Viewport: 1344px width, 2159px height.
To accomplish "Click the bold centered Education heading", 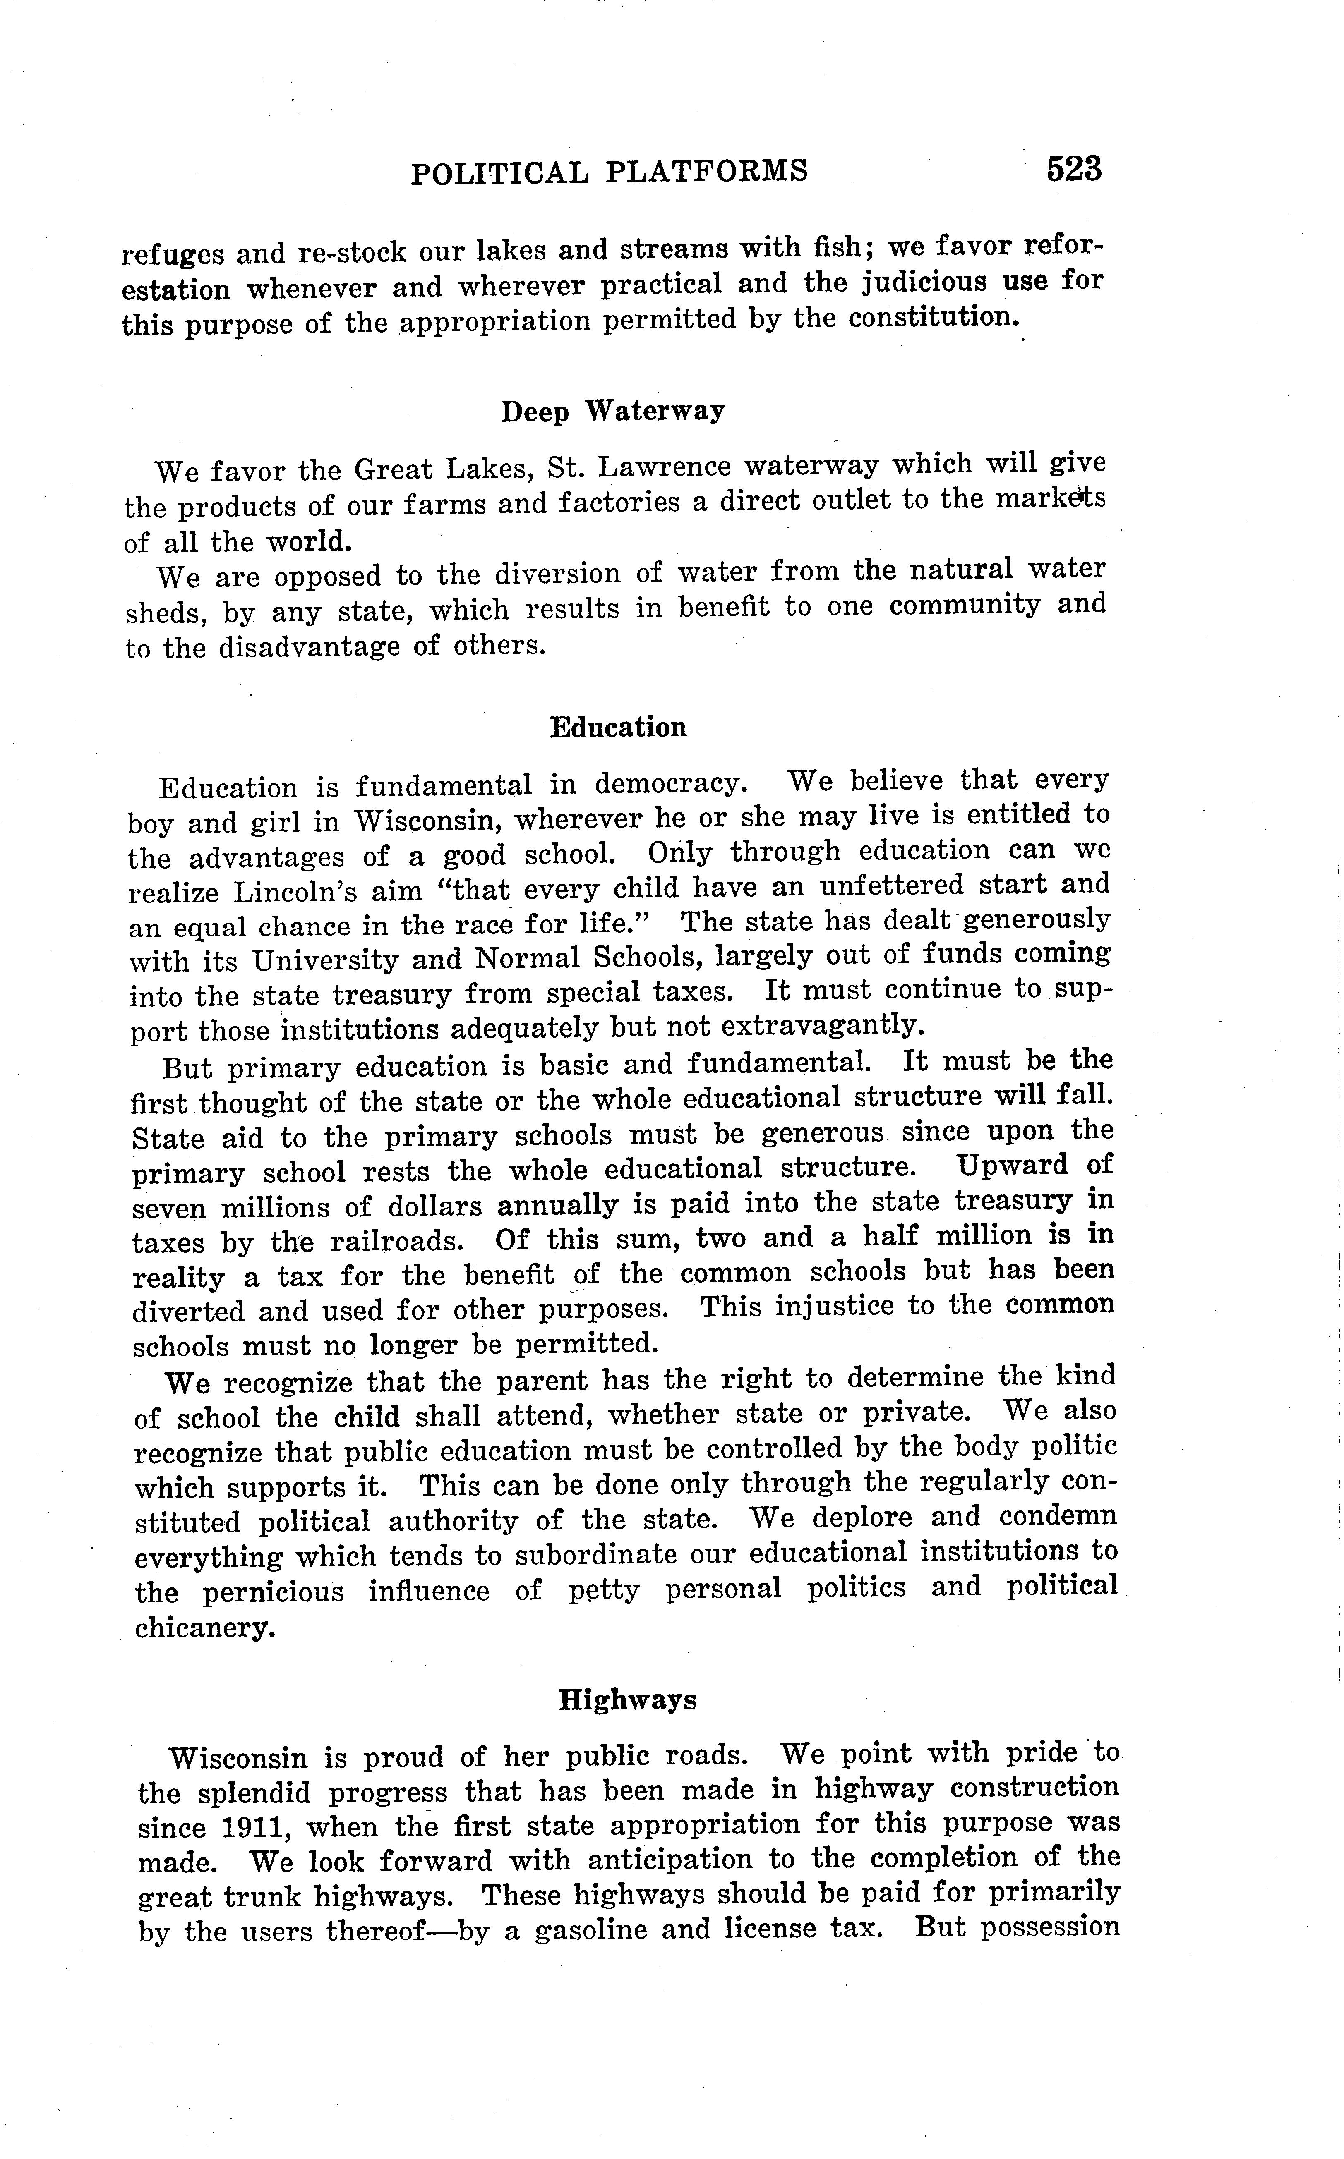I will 619,728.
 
